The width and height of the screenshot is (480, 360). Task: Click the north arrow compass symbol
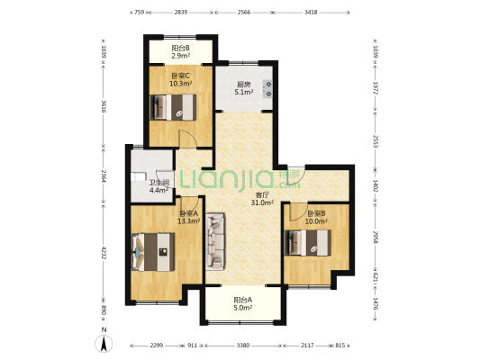104,343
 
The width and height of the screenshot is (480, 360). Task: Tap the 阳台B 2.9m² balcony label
180,51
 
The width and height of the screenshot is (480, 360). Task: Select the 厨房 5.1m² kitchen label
244,88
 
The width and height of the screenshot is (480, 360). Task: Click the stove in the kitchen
267,89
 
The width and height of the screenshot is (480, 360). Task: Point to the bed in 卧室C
173,107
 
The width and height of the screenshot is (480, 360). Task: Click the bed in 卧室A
153,252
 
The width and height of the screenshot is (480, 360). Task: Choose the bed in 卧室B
308,242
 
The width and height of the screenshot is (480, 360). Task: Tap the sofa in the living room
215,241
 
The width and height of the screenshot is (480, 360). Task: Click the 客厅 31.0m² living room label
262,199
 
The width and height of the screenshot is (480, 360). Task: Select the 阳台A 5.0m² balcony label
243,303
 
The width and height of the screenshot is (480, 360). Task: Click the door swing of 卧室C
187,139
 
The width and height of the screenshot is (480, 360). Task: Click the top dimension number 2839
181,13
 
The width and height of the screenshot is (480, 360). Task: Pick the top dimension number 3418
311,13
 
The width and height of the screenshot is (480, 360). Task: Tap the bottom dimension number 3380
243,346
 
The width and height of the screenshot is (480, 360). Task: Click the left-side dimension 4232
104,252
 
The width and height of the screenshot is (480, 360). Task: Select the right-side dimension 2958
376,237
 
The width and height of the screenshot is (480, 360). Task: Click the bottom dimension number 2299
157,346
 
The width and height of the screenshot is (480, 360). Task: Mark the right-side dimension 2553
376,141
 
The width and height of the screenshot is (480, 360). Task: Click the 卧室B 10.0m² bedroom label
316,217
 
